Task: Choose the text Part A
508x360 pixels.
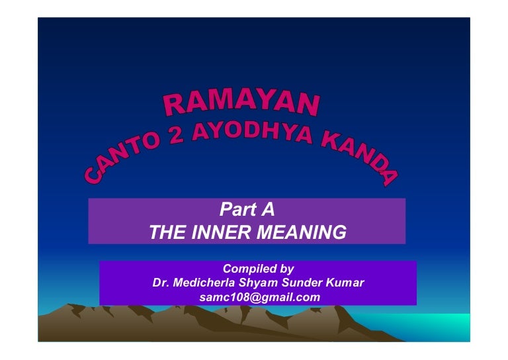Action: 247,211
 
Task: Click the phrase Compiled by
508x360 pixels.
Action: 258,269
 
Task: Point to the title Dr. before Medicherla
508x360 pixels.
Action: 161,283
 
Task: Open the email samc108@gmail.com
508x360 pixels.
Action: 259,298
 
